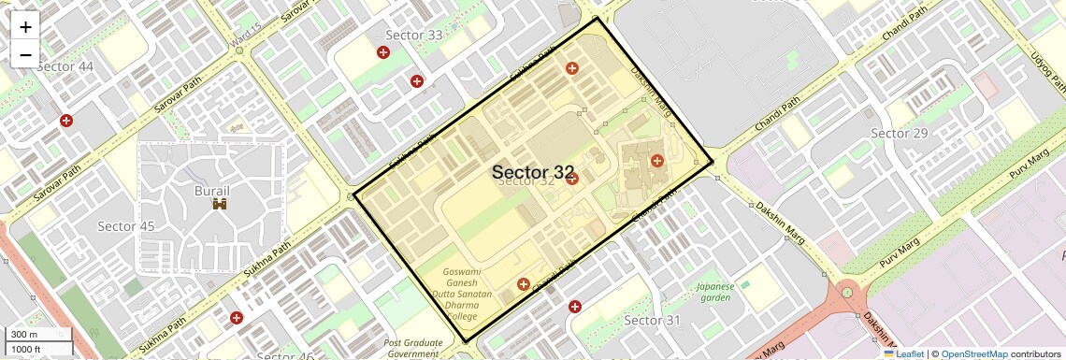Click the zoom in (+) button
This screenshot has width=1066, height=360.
click(x=25, y=27)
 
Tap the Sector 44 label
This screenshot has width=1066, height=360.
click(x=65, y=66)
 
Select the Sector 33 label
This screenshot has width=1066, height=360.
click(x=414, y=36)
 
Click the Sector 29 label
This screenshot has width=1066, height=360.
click(x=899, y=134)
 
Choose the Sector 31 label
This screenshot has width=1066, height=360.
click(x=652, y=321)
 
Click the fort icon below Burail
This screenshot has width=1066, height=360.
click(x=220, y=204)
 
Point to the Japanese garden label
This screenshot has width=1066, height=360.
click(x=714, y=292)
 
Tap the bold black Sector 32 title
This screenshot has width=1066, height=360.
click(x=533, y=172)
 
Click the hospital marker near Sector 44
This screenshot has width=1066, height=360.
click(x=66, y=121)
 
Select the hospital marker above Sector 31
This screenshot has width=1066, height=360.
click(x=575, y=306)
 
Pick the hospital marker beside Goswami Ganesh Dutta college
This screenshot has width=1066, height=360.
click(x=524, y=283)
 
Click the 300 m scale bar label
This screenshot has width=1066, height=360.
click(x=25, y=334)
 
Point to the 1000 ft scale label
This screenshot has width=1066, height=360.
click(x=28, y=349)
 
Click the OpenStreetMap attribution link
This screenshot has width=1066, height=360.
click(x=973, y=353)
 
